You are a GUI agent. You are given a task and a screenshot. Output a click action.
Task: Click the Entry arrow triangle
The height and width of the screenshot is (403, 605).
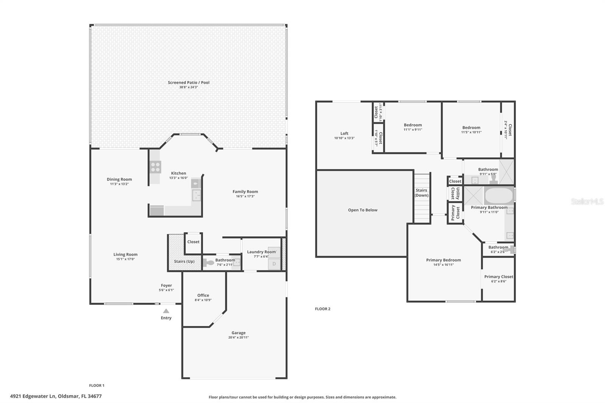point(166,311)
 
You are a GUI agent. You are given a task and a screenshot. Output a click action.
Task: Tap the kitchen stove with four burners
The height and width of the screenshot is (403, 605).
point(155,167)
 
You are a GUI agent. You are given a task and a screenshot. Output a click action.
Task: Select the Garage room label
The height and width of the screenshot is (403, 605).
point(238,333)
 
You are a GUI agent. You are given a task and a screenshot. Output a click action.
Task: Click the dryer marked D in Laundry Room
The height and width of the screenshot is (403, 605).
point(274,264)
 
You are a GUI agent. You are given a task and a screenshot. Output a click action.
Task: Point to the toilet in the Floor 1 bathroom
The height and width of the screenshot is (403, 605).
point(208,263)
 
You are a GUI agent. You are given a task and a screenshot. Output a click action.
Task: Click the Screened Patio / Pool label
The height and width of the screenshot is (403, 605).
point(188,82)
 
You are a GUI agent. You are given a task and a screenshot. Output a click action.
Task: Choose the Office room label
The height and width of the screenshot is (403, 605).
point(203,295)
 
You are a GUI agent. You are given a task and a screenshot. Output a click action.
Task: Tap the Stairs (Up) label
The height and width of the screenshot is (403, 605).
point(184,261)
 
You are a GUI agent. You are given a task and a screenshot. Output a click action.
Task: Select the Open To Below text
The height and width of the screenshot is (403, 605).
point(363,210)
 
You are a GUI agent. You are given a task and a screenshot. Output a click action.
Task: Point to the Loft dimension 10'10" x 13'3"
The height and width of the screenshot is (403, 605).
point(344,138)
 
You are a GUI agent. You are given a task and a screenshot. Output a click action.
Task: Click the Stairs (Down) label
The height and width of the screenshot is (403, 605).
point(421,193)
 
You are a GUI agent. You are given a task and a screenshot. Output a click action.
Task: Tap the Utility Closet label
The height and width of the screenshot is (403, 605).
point(455,194)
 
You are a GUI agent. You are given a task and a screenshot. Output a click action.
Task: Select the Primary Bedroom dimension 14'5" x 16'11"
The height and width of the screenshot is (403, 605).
point(443,265)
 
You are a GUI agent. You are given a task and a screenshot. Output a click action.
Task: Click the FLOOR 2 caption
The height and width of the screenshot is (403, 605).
point(323,309)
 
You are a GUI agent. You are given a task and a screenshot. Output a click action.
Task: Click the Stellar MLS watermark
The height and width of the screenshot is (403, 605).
point(587,202)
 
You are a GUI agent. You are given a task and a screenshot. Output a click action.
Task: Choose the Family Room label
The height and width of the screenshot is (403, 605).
point(245,192)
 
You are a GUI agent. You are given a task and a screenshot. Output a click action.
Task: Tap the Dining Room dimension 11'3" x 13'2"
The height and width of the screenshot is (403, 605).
point(119,184)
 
